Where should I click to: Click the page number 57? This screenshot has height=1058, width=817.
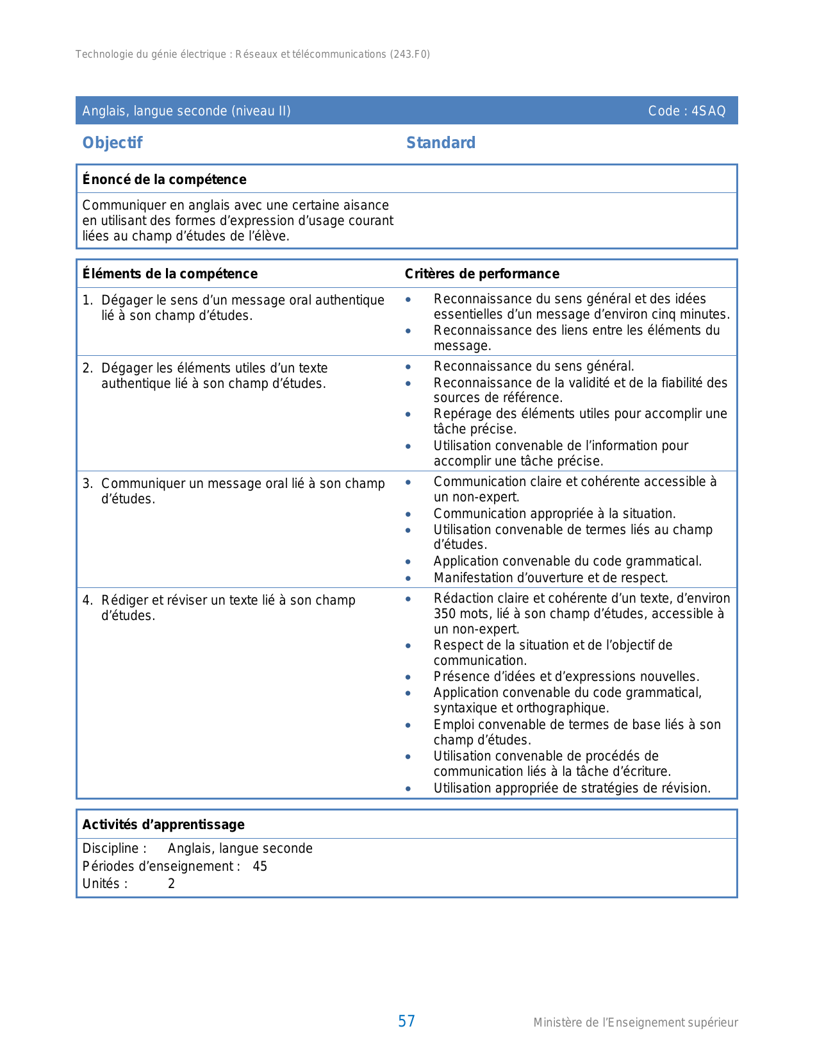tap(406, 1021)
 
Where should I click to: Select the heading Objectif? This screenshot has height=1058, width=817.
tap(112, 143)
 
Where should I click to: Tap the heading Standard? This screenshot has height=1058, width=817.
tap(441, 143)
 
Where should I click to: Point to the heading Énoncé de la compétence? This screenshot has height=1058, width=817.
tap(164, 180)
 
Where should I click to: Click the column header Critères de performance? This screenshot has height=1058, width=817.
tap(482, 274)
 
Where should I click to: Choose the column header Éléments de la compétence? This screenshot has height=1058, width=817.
tap(170, 274)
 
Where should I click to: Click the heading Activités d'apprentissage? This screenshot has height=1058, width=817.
tap(163, 825)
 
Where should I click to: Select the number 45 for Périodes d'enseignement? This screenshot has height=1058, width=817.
tap(260, 866)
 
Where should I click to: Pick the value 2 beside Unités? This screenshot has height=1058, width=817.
tap(171, 884)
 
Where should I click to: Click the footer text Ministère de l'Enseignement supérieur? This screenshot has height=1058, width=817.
tap(636, 1023)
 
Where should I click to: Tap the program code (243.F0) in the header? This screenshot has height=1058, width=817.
tap(410, 55)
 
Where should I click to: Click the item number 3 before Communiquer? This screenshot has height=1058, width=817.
tap(87, 483)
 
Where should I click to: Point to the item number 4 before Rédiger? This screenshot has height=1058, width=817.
tap(87, 600)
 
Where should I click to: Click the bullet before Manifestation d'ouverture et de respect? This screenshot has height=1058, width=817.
tap(408, 578)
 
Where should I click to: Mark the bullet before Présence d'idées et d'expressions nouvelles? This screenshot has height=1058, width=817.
tap(408, 677)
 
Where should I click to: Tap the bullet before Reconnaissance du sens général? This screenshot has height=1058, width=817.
tap(408, 367)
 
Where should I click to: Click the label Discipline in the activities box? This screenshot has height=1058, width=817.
tap(110, 848)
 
